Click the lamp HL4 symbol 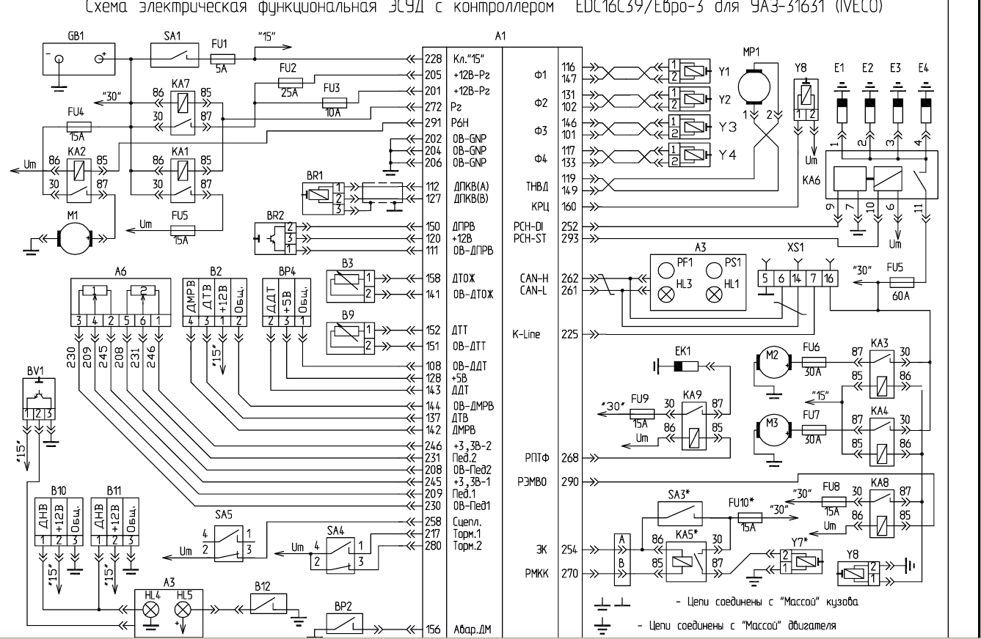click(x=151, y=609)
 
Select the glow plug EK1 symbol click(x=686, y=365)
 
